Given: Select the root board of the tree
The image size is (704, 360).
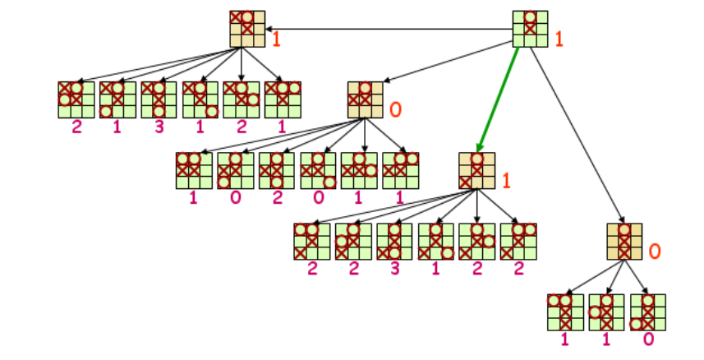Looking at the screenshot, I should coord(530,29).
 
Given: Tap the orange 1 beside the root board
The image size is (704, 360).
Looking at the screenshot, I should coord(559,38).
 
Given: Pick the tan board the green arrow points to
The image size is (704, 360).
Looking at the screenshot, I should coord(476,171).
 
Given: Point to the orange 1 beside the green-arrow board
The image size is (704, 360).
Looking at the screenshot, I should coord(506,181).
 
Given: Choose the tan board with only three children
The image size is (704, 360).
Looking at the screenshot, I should coord(624,241).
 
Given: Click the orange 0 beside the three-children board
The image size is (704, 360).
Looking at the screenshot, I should coord(655,251).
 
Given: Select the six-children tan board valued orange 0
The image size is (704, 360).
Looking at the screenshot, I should coord(364,99).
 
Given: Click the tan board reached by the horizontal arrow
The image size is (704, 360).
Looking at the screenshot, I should coord(247,29).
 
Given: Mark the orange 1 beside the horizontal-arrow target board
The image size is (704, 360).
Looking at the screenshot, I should coord(277,39).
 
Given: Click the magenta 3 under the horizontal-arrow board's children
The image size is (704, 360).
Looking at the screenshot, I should coord(159,129).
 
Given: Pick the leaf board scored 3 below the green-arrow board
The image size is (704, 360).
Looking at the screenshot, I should coord(394,241).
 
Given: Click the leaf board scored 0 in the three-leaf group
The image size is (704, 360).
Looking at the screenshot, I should coord(647,312).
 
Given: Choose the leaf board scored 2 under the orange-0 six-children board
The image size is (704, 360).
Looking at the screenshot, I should coord(276,170).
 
